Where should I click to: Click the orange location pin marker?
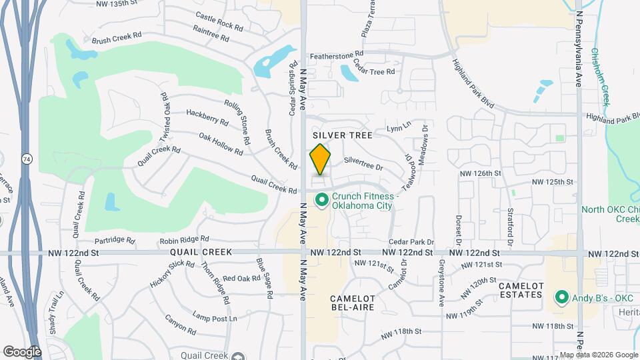click(320, 159)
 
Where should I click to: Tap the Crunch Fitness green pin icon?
click(321, 199)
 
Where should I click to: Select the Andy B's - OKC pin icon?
click(561, 297)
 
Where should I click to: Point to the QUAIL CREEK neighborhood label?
click(201, 253)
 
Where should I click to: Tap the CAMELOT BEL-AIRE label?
click(353, 303)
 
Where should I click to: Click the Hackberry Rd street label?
click(207, 117)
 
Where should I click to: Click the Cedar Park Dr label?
click(411, 243)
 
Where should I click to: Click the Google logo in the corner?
click(21, 351)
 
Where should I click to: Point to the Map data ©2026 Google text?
click(599, 355)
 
